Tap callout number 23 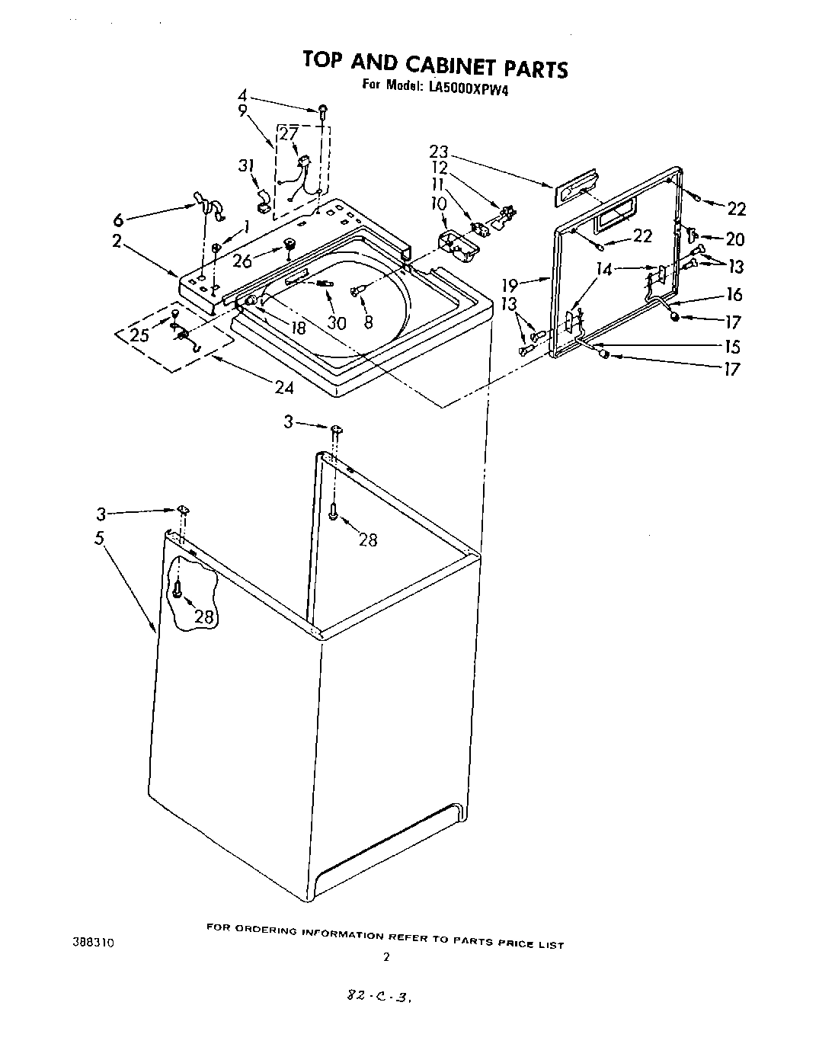click(x=439, y=151)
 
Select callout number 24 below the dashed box click(x=284, y=387)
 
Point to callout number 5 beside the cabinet click(x=99, y=538)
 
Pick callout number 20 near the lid click(x=734, y=239)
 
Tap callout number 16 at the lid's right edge click(x=734, y=295)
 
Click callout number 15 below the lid click(x=732, y=347)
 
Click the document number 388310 click(x=94, y=943)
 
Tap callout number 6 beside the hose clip click(x=118, y=219)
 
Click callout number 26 click(x=243, y=260)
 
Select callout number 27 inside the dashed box click(x=288, y=135)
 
